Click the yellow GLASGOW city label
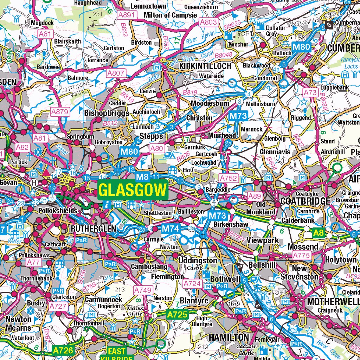(133, 190)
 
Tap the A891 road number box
(127, 15)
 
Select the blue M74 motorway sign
(171, 229)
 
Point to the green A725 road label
(178, 314)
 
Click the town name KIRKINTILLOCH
(205, 66)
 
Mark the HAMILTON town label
(229, 337)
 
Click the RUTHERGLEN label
(93, 229)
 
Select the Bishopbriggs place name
(107, 113)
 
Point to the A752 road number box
(229, 178)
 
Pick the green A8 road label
(319, 232)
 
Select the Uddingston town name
(198, 261)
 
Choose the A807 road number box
(116, 73)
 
